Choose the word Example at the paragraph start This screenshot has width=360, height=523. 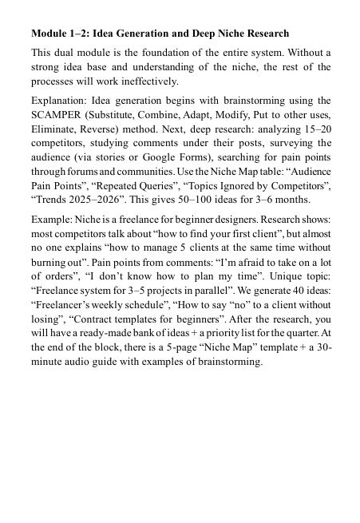(x=53, y=218)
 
